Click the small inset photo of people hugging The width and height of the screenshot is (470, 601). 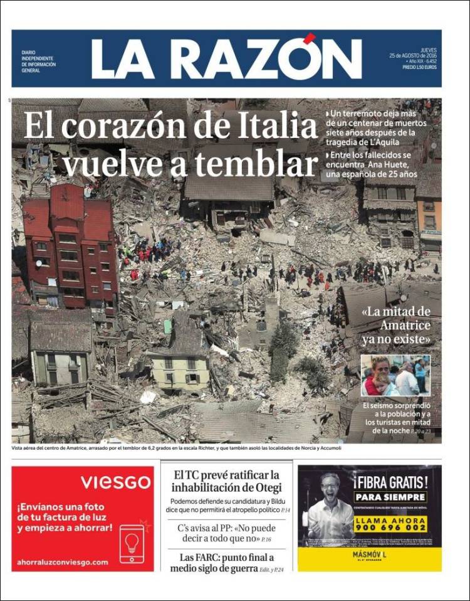(395, 375)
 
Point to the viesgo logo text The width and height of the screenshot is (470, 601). (115, 482)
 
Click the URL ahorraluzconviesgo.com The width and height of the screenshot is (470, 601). (63, 561)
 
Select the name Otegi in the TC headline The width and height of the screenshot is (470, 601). (266, 487)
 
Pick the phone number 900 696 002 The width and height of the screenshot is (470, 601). (390, 528)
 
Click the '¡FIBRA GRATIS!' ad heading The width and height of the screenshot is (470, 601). (390, 483)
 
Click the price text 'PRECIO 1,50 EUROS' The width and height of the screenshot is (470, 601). (420, 66)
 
